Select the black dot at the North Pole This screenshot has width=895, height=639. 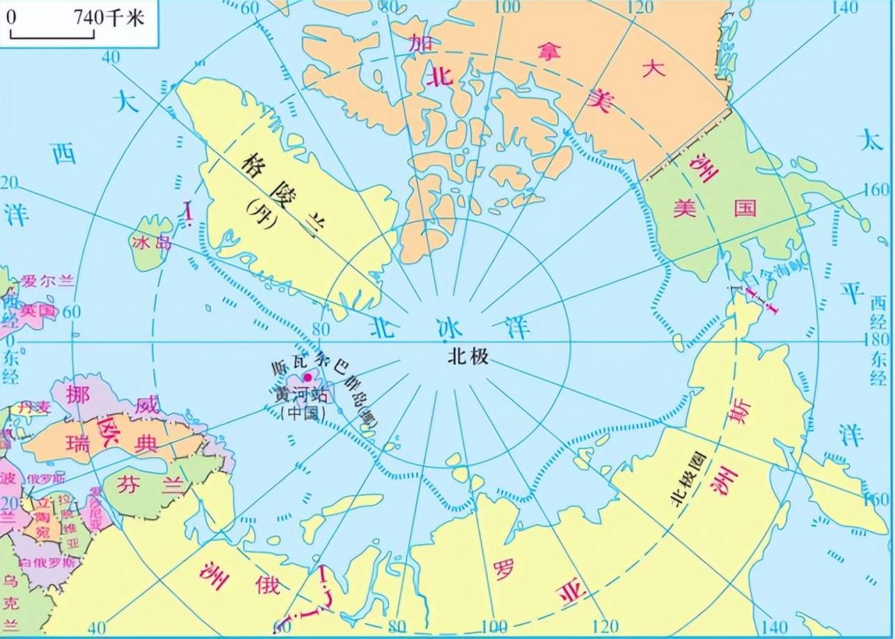click(445, 342)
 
